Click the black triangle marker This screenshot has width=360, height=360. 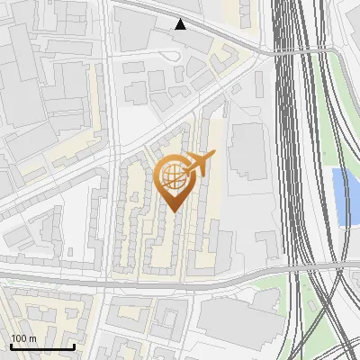coord(181,23)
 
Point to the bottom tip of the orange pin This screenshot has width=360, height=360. coord(174,211)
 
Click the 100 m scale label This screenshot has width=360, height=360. coord(22,338)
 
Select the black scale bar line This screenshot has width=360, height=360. coord(42,346)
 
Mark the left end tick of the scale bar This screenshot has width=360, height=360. coord(11,345)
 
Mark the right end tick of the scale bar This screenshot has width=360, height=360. coord(74,345)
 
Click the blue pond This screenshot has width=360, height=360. coord(342,196)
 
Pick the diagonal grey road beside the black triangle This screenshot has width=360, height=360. coord(225,36)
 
